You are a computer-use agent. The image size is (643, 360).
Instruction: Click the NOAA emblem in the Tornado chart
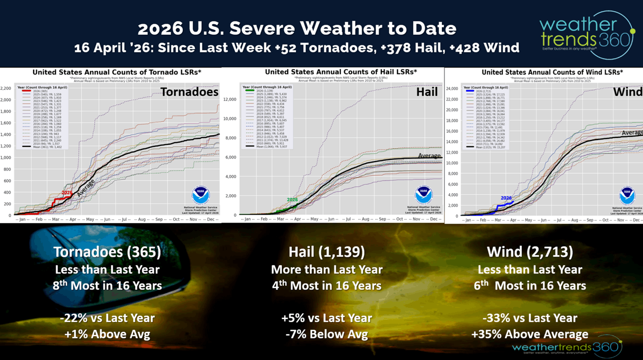pos(201,195)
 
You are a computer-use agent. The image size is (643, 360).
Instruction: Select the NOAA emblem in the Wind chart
pos(627,195)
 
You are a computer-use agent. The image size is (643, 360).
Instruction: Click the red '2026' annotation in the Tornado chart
pos(67,193)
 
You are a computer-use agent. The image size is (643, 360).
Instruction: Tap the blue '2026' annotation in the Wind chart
pos(506,198)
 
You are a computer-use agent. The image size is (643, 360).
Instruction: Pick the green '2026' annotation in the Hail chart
pos(292,199)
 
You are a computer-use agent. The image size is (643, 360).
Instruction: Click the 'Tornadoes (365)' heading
pos(107,252)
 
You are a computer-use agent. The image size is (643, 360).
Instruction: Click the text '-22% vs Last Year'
pos(107,318)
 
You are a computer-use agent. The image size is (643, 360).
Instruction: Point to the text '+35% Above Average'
pos(530,334)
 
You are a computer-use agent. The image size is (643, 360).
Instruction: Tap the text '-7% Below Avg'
pos(327,334)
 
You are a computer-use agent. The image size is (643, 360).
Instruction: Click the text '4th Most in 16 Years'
pos(327,286)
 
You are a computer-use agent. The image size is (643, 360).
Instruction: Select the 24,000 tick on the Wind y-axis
pos(451,88)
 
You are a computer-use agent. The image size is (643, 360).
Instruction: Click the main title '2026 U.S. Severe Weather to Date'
pos(297,28)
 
